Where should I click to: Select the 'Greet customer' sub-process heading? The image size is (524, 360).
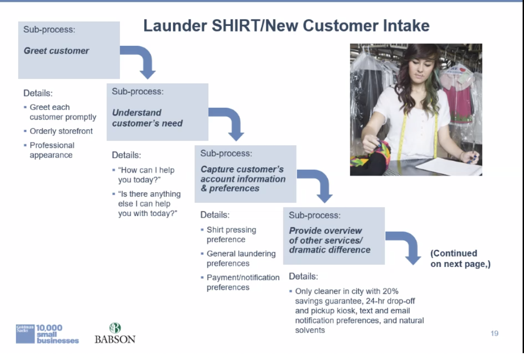pyautogui.click(x=56, y=51)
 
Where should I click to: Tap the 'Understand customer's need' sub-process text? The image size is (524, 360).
pyautogui.click(x=147, y=118)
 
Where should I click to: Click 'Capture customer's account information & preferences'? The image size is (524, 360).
pyautogui.click(x=243, y=179)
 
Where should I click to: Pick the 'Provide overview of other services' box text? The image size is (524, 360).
pyautogui.click(x=329, y=240)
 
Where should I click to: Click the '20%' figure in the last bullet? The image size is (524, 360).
pyautogui.click(x=390, y=291)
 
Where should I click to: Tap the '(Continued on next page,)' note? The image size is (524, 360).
pyautogui.click(x=461, y=259)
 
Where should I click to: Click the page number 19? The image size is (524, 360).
pyautogui.click(x=495, y=333)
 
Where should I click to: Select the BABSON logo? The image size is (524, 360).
pyautogui.click(x=115, y=333)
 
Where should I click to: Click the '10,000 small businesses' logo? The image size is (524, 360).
pyautogui.click(x=47, y=334)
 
